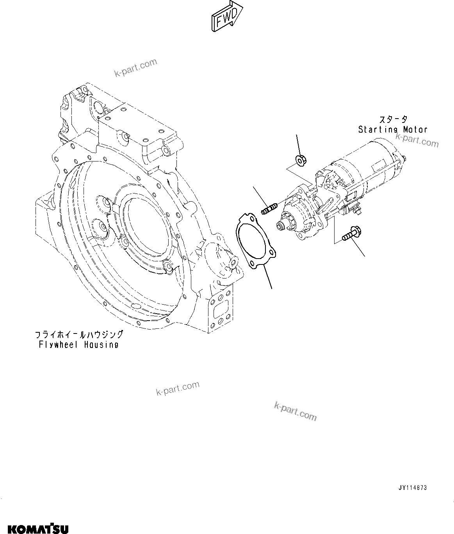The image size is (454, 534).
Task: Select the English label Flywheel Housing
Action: pyautogui.click(x=78, y=344)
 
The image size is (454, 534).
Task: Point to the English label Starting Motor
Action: pyautogui.click(x=393, y=130)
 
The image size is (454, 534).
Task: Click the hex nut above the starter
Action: pyautogui.click(x=301, y=160)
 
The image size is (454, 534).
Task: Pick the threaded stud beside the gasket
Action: pyautogui.click(x=268, y=208)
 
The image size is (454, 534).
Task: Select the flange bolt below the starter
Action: pyautogui.click(x=351, y=234)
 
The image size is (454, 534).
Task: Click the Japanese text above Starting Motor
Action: pyautogui.click(x=393, y=119)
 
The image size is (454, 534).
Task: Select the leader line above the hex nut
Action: pyautogui.click(x=299, y=144)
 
